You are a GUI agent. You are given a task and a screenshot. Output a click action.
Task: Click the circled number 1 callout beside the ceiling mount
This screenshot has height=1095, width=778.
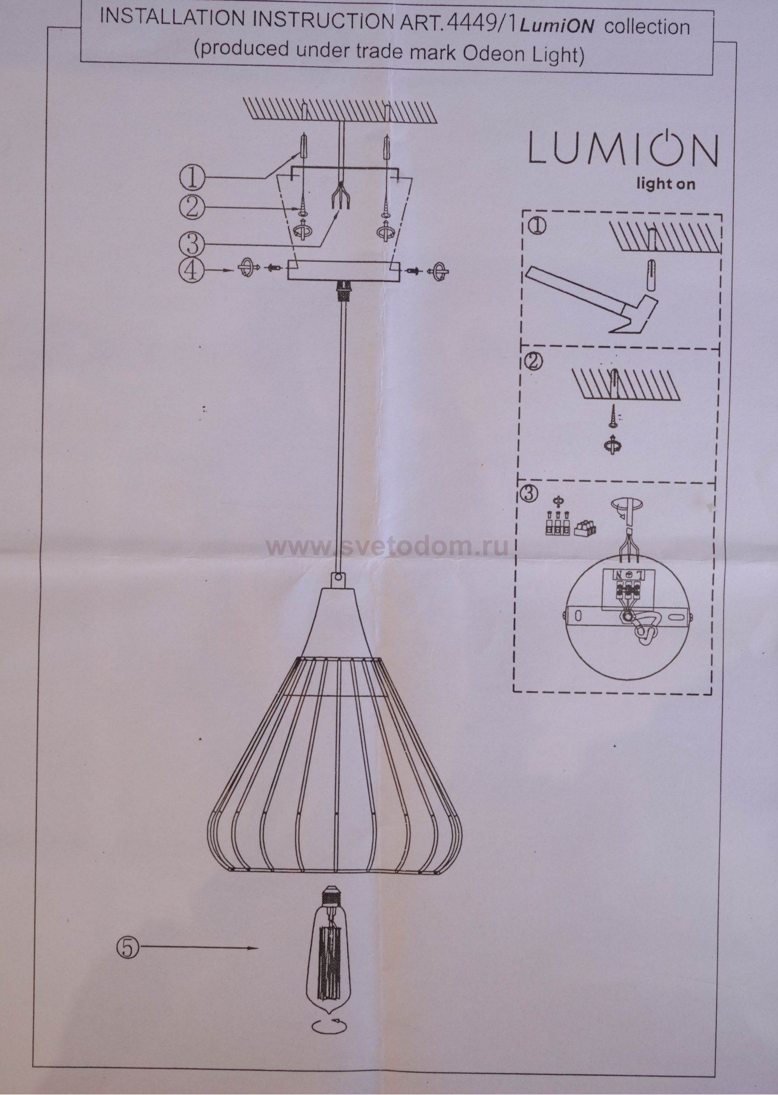(192, 178)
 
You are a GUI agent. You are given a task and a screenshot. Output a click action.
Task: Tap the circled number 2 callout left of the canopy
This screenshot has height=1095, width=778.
(191, 208)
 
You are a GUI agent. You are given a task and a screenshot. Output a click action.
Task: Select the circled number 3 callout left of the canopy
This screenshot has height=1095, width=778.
(191, 241)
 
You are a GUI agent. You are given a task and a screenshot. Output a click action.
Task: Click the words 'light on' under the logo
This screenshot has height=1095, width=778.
(666, 183)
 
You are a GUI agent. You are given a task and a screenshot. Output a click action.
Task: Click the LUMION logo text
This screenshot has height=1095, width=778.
(623, 149)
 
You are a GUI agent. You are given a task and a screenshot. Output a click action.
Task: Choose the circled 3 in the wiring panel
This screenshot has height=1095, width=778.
(529, 494)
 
